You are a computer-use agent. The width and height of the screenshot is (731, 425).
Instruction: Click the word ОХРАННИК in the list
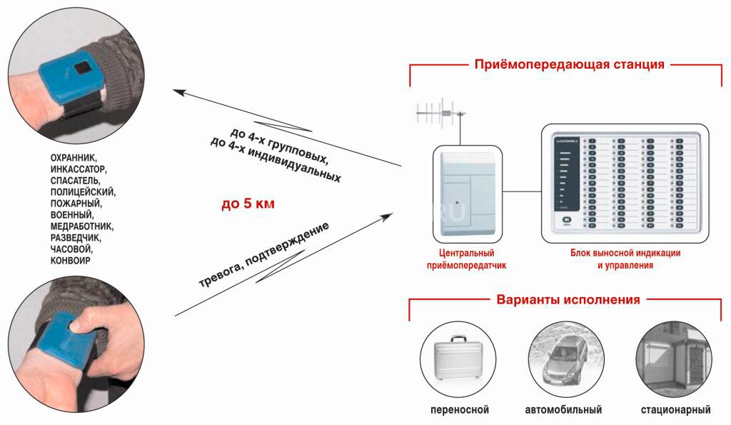pos(74,157)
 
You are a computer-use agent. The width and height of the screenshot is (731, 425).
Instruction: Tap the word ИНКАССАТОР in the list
pos(78,169)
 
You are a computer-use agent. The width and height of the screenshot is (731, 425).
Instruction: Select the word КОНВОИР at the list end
pos(70,261)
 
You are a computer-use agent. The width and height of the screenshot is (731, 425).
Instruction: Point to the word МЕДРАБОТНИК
pos(82,226)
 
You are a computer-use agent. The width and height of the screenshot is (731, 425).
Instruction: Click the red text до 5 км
pos(248,204)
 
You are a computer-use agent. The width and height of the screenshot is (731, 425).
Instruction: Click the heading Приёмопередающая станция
pos(569,65)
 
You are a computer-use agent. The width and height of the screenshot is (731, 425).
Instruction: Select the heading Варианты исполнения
pos(568,299)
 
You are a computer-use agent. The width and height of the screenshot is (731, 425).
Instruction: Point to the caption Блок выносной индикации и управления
pos(625,259)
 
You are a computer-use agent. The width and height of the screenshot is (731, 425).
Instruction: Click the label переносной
pos(459,411)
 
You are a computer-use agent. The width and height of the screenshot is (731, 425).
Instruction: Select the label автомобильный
pos(563,411)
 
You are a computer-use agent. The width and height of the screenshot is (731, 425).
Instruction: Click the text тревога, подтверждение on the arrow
pos(263,254)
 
